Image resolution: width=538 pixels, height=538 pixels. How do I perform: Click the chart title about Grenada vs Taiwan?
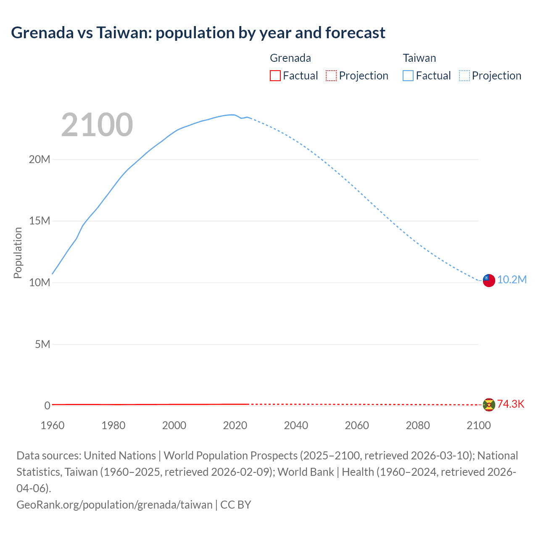coord(198,33)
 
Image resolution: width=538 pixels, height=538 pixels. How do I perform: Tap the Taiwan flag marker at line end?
coord(489,280)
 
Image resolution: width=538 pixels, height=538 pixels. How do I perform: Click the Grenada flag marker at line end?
coord(489,405)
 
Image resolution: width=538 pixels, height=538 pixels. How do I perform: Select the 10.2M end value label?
coord(512,280)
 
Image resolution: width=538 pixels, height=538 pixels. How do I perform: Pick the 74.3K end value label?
coord(511,404)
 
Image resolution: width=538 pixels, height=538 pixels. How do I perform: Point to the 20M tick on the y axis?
coord(40,160)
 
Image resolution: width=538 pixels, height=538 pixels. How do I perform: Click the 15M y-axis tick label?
coord(40,221)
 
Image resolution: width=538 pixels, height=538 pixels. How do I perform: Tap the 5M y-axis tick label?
coord(42,345)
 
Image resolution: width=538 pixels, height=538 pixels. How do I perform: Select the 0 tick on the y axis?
coord(47,406)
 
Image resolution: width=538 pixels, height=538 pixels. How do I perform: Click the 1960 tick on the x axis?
coord(53,425)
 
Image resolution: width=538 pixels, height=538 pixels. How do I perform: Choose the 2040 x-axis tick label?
coord(296,425)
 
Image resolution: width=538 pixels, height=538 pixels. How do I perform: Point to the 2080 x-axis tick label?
coord(418,425)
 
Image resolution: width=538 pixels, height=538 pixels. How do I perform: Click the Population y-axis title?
coord(18,253)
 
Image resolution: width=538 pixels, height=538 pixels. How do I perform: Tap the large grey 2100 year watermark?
coord(97,125)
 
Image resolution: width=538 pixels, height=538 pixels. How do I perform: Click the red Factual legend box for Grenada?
coord(275,76)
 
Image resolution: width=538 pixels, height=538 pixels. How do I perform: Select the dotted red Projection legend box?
coord(331,76)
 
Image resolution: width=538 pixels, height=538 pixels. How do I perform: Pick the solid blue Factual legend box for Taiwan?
coord(408,76)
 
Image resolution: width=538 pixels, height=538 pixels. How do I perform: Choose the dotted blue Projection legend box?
coord(464,76)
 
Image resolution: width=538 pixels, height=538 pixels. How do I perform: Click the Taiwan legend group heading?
coord(419,58)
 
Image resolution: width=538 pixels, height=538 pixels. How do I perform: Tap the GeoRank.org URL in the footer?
coord(114,505)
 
